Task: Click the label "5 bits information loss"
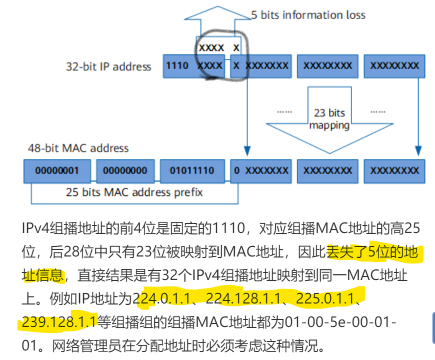tap(308, 15)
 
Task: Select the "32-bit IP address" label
tap(108, 66)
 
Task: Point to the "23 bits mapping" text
tap(329, 119)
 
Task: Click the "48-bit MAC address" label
tap(78, 148)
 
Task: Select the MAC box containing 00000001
tap(57, 170)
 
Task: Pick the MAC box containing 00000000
tap(125, 170)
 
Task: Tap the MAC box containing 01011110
tap(192, 170)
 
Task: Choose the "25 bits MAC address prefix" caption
tap(134, 192)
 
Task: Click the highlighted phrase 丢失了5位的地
tap(372, 252)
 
